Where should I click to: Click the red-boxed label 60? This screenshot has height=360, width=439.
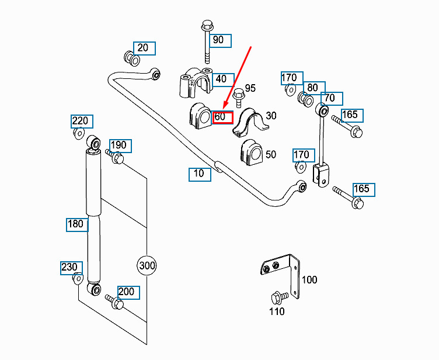(222, 116)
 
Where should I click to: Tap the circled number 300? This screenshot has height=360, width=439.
(147, 266)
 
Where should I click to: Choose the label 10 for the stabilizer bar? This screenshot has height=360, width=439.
(200, 174)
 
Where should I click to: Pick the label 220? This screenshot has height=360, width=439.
(81, 122)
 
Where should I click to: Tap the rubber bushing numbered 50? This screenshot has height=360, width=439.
(250, 152)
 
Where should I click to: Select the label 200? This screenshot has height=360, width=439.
(127, 292)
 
